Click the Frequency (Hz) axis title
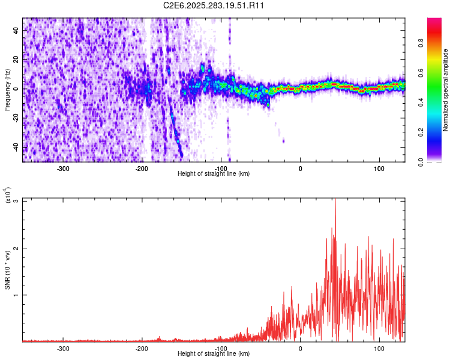[x=7, y=90]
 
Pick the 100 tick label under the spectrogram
[x=379, y=169]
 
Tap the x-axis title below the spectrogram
[x=214, y=174]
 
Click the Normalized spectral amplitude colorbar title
[x=446, y=90]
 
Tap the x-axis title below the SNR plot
[x=214, y=354]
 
